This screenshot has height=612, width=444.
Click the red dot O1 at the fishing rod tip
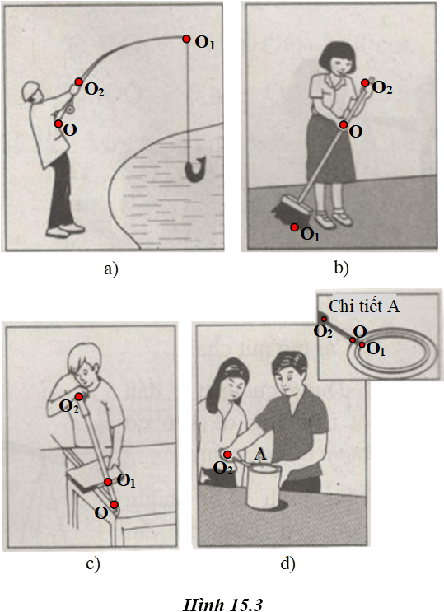click(x=186, y=39)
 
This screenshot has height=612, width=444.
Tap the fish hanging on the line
click(x=195, y=169)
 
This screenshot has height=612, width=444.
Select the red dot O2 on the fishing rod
click(x=78, y=82)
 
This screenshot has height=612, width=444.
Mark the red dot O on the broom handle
click(x=344, y=125)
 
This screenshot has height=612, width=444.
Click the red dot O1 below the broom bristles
click(x=294, y=227)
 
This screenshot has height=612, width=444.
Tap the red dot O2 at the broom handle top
click(x=365, y=82)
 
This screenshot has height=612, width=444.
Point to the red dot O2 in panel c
click(x=78, y=397)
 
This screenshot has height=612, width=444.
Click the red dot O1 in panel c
click(x=108, y=483)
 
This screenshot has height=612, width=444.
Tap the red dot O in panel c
click(x=114, y=505)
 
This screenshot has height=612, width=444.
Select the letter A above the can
click(x=260, y=455)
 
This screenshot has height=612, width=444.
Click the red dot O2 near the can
click(x=227, y=455)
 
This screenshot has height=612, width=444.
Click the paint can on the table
click(x=264, y=486)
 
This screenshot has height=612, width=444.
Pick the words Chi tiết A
click(x=364, y=306)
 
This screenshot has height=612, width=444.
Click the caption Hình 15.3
click(x=222, y=605)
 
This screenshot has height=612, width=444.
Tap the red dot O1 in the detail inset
click(x=362, y=345)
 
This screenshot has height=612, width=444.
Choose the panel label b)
click(x=341, y=268)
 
